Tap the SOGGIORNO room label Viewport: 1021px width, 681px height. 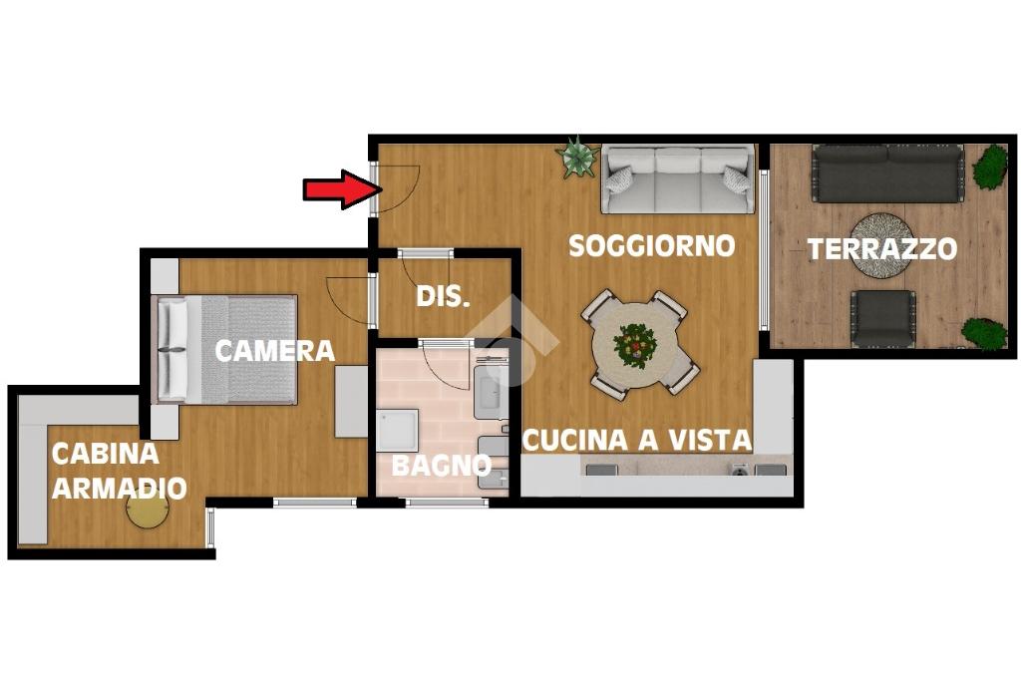pyautogui.click(x=652, y=246)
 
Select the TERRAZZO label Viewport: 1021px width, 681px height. pyautogui.click(x=882, y=248)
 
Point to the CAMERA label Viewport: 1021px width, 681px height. pyautogui.click(x=275, y=351)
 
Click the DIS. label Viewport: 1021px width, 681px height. pyautogui.click(x=443, y=297)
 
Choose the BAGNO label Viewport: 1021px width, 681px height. pyautogui.click(x=441, y=465)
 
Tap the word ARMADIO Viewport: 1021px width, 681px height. pyautogui.click(x=120, y=488)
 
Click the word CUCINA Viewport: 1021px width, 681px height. pyautogui.click(x=575, y=440)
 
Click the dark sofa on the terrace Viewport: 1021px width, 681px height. pyautogui.click(x=886, y=173)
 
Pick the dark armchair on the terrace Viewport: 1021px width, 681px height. pyautogui.click(x=883, y=318)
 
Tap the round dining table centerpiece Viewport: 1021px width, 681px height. pyautogui.click(x=634, y=345)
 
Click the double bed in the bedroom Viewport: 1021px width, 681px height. pyautogui.click(x=224, y=349)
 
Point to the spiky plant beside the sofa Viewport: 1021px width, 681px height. pyautogui.click(x=576, y=157)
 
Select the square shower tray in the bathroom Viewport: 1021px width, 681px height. pyautogui.click(x=397, y=431)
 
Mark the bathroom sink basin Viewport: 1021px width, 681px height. pyautogui.click(x=491, y=393)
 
